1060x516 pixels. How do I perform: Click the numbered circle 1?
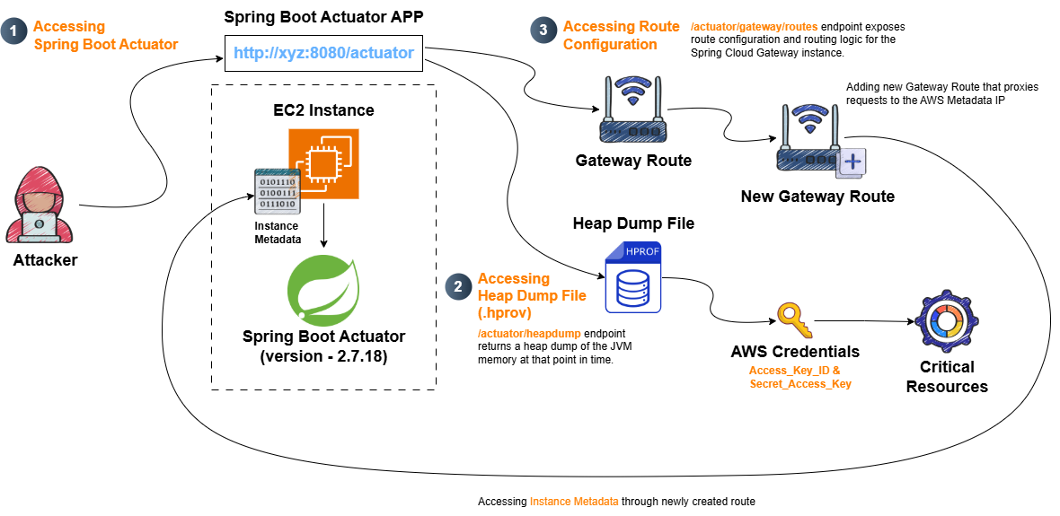point(13,31)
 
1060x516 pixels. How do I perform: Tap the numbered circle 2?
point(458,285)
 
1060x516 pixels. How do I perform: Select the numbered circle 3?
point(543,31)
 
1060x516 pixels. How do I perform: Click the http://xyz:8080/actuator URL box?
point(323,53)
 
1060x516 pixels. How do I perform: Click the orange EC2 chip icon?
point(323,164)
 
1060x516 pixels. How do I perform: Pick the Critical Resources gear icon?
point(947,321)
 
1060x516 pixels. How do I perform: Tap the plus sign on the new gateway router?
point(853,162)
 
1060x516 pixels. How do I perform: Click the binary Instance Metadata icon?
point(276,192)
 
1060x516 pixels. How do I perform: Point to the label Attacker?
point(45,259)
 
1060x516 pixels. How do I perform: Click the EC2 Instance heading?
point(323,109)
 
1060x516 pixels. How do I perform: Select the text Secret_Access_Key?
point(799,383)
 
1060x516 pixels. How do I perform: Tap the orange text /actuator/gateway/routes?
point(755,27)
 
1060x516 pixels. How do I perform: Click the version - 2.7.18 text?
point(323,356)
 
